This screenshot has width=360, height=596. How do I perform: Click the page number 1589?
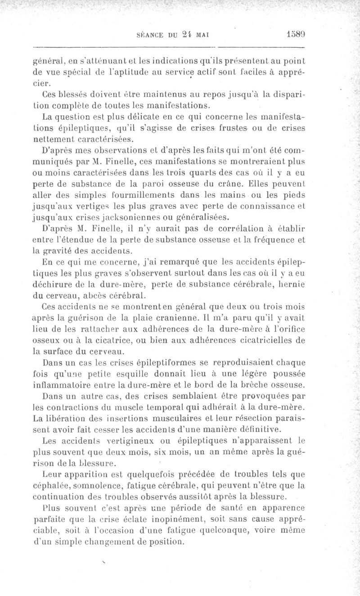pos(295,33)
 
